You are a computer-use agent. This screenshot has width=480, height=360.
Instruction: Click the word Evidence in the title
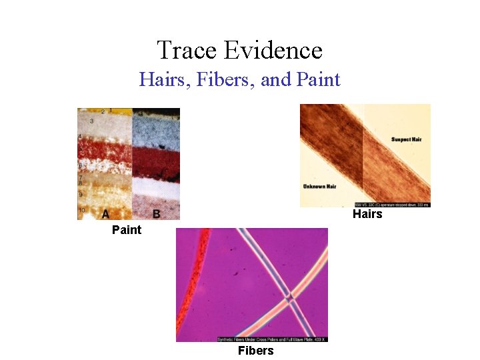[273, 50]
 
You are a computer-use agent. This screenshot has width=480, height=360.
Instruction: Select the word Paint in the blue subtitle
[317, 80]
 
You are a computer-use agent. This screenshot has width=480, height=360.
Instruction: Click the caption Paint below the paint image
[127, 230]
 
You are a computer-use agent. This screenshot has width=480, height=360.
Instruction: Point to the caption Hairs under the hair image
[367, 214]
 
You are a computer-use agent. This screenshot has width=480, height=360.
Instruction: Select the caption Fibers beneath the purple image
[255, 351]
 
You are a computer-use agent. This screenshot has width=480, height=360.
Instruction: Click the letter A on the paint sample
[105, 213]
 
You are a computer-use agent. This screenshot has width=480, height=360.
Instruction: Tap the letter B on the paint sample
[156, 213]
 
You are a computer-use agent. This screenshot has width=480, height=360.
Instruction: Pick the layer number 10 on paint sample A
[81, 211]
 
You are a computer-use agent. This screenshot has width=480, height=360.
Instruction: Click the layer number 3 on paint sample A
[91, 121]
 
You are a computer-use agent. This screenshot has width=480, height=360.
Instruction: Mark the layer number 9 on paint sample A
[81, 194]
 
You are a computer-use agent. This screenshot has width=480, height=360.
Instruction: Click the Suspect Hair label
[407, 139]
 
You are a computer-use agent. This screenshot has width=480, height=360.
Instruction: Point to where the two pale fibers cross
[288, 297]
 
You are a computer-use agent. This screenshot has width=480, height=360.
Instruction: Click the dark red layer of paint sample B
[157, 159]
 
